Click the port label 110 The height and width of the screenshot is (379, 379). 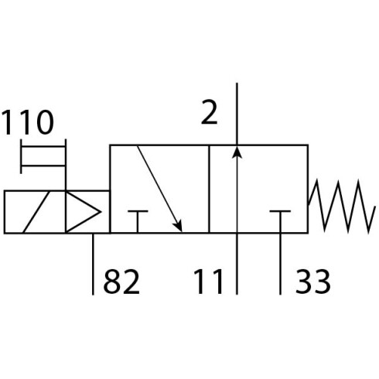tap(28, 122)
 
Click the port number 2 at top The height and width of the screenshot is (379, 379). tap(209, 112)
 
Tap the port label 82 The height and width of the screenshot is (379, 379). tap(121, 282)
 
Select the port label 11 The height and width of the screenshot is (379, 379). tap(208, 282)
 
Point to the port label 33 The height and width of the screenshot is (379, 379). tap(312, 282)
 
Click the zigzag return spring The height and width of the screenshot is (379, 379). tap(341, 207)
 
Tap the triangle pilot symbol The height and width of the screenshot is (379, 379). tap(83, 212)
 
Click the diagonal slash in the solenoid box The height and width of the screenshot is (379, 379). tap(36, 212)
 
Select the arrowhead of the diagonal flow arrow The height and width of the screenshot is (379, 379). tap(178, 226)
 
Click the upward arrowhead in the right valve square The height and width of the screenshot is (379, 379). tap(237, 152)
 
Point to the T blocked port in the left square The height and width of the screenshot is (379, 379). tap(138, 222)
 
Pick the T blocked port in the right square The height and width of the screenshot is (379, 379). tap(280, 222)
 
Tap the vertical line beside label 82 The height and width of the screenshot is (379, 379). tap(93, 264)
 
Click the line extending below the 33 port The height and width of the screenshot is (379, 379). tap(280, 264)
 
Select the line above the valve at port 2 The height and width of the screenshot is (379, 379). tap(237, 114)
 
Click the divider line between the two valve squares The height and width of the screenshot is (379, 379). tap(209, 189)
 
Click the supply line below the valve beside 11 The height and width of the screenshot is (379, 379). tap(237, 264)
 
